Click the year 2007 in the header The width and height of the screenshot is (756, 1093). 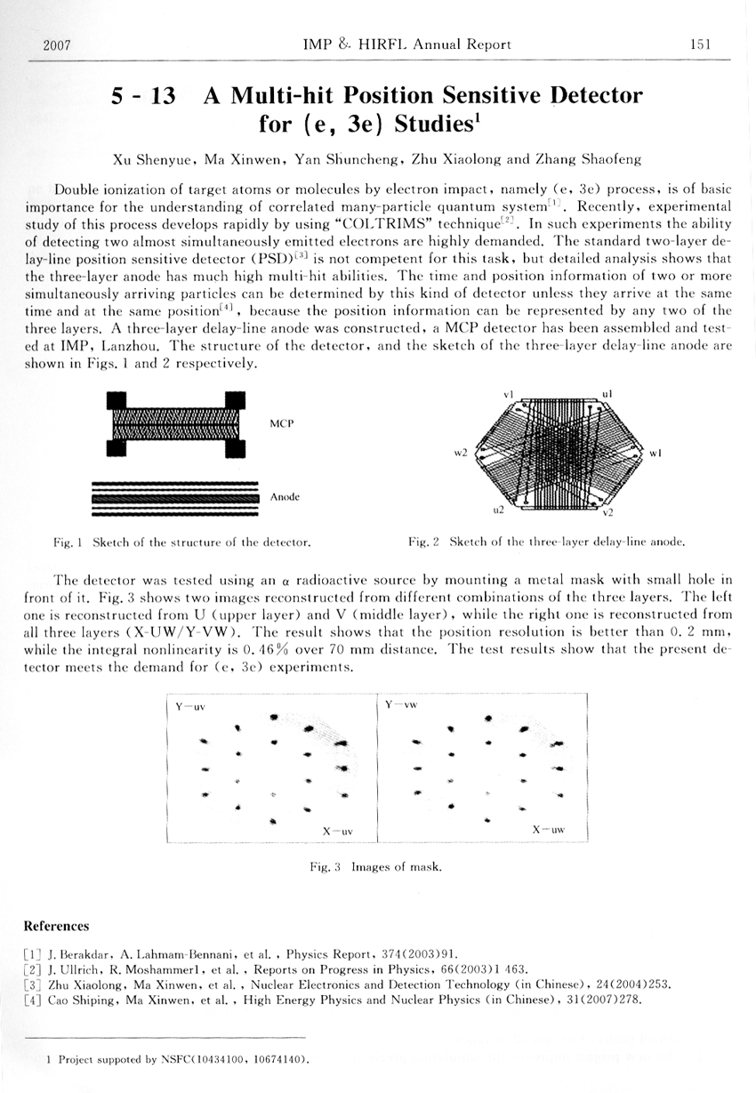[57, 44]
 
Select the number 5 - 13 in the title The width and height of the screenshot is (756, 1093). [142, 95]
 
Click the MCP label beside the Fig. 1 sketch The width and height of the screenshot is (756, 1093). [282, 423]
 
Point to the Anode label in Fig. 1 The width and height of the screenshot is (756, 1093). [285, 497]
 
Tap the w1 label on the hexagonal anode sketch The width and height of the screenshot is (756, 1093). [655, 454]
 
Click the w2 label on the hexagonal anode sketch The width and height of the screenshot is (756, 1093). [461, 454]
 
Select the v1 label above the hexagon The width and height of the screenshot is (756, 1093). [508, 392]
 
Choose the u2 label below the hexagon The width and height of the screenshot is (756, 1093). [499, 510]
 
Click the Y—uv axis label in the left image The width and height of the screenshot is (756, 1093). [190, 707]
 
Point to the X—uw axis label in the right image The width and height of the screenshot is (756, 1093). [549, 830]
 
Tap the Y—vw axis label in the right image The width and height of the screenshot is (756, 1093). [401, 705]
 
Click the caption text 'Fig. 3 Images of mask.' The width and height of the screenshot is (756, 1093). [375, 866]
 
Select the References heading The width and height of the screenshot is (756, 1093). [56, 926]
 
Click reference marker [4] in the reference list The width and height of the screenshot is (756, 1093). [33, 999]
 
